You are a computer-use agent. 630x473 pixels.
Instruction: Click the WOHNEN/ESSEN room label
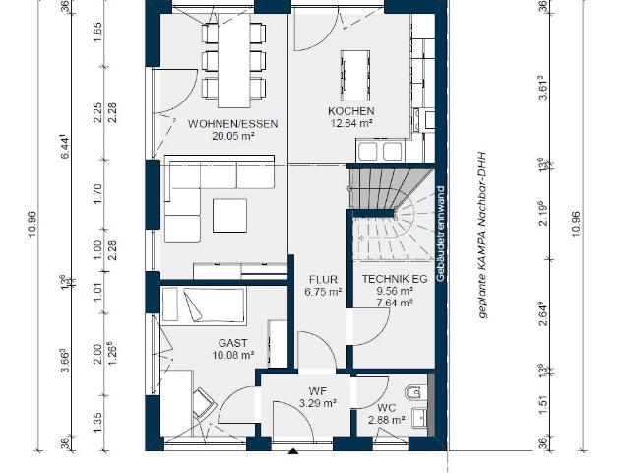233,124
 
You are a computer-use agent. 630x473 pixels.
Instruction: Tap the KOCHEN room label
351,111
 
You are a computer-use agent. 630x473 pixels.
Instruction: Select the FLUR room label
323,279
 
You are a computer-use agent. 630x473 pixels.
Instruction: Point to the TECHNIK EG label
394,279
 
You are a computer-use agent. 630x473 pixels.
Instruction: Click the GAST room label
234,343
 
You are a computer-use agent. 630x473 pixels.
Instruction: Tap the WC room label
386,406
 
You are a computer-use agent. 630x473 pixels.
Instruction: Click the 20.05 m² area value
233,137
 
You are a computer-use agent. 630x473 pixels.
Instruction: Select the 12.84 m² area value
351,124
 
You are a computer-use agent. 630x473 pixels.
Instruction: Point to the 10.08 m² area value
234,356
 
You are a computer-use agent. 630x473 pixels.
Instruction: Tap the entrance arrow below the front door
292,454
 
